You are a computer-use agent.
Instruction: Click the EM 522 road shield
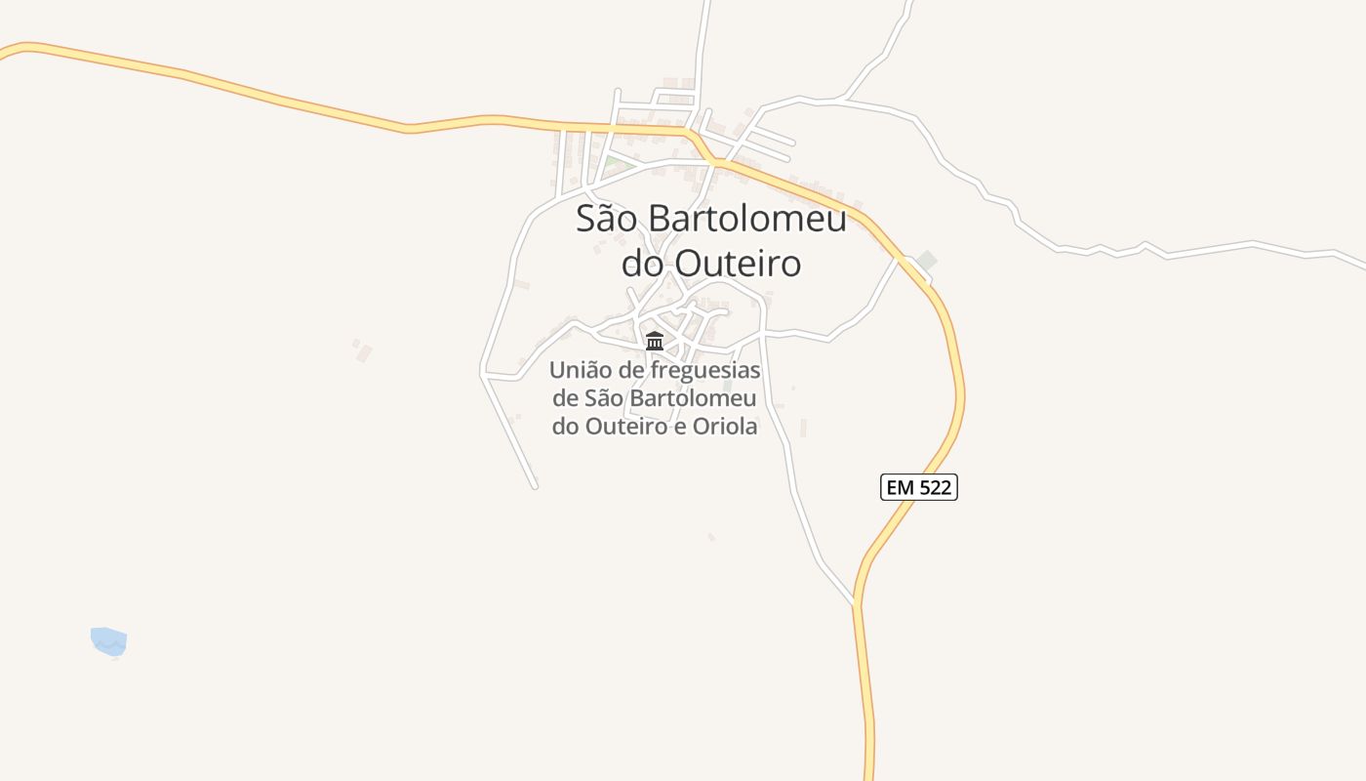[x=919, y=487]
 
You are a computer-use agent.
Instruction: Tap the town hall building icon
[x=655, y=341]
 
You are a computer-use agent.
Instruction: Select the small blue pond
[x=108, y=641]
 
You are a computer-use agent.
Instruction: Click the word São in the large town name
[x=606, y=219]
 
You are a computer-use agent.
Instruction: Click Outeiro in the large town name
[x=739, y=263]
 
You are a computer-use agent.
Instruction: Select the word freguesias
[x=698, y=371]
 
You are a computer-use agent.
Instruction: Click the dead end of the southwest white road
[x=535, y=485]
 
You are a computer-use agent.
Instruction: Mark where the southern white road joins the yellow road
[x=856, y=603]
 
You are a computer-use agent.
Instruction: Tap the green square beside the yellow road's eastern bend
[x=926, y=260]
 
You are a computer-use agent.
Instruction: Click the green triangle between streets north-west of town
[x=612, y=162]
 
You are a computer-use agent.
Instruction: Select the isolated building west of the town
[x=363, y=351]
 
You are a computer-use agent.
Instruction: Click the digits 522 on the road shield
[x=935, y=487]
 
